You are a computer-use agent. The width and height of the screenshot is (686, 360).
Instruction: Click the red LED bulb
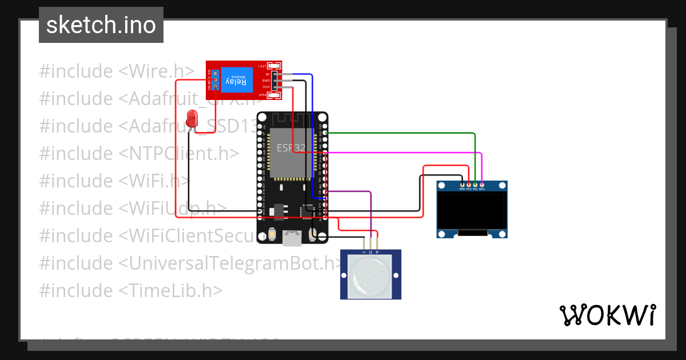192,118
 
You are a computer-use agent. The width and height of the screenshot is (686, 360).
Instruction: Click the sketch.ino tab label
101,25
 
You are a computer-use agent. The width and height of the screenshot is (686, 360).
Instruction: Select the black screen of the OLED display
472,209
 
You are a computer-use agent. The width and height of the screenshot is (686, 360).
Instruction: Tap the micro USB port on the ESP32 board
293,238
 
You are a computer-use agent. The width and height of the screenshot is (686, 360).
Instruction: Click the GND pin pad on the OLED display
462,185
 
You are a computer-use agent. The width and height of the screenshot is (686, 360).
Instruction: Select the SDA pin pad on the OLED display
482,185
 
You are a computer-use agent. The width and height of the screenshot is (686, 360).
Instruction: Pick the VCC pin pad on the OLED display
469,185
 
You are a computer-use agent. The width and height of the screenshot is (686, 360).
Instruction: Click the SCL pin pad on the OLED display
475,185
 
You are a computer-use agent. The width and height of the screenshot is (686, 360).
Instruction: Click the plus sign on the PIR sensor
377,252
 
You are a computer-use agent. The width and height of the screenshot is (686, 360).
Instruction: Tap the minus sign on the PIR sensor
364,252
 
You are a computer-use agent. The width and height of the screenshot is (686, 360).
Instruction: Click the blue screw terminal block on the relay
216,80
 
